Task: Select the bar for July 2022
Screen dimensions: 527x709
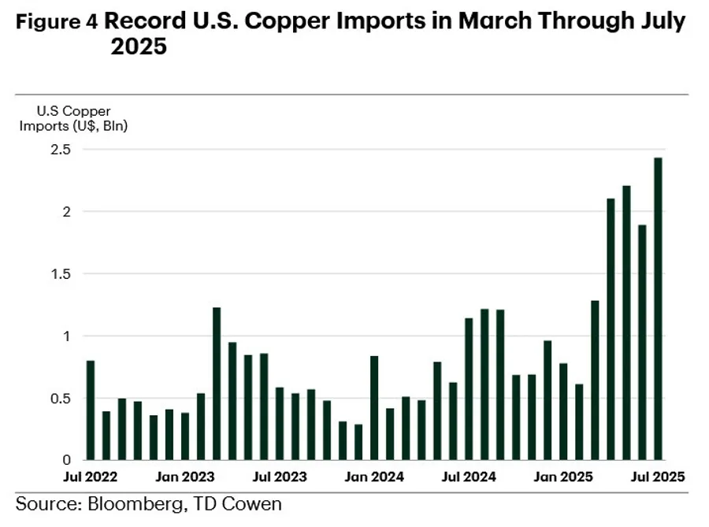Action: click(91, 410)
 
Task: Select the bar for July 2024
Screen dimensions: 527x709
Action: click(469, 389)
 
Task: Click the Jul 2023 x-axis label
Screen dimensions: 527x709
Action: click(280, 477)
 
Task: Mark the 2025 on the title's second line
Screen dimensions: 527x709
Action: click(139, 47)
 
